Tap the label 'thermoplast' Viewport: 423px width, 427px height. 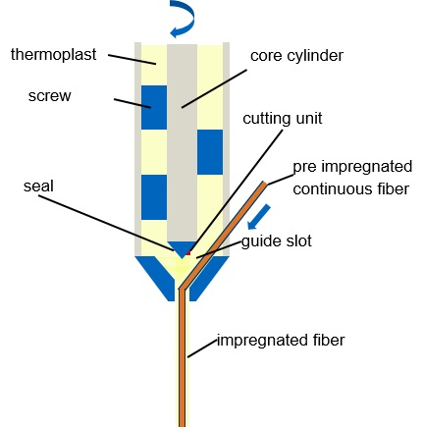coord(54,54)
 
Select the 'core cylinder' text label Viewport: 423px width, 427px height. coord(296,56)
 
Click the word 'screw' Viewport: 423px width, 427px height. coord(49,96)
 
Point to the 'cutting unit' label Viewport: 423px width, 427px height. coord(283,118)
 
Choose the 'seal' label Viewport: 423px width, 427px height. coord(38,186)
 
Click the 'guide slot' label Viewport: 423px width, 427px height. coord(277,241)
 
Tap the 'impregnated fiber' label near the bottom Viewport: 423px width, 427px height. coord(281,340)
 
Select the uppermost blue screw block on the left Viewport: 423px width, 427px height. coord(154,108)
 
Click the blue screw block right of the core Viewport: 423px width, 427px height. coord(210,152)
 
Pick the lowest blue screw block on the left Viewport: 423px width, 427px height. coord(154,197)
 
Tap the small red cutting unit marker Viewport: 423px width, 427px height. coord(187,253)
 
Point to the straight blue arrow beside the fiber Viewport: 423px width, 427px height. coord(259,217)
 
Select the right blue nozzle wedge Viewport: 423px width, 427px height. coord(208,278)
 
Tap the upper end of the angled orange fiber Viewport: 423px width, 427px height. coord(264,184)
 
